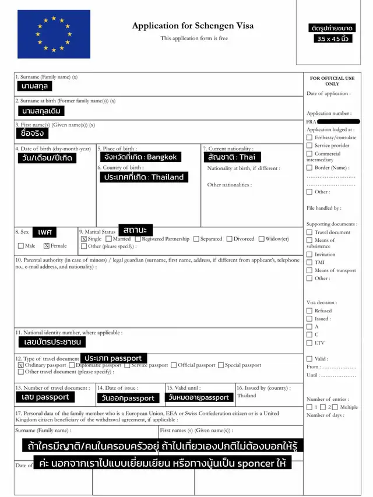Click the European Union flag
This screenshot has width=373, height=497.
(x=54, y=34)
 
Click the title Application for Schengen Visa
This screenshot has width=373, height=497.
(x=193, y=26)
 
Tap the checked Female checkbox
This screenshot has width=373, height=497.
(x=47, y=246)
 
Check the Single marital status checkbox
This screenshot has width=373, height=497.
(x=84, y=239)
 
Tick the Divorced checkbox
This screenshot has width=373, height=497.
(x=230, y=239)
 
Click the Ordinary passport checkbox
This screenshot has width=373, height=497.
(x=21, y=365)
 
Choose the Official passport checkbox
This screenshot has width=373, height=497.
(x=174, y=365)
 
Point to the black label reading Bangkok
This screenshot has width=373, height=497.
(x=140, y=157)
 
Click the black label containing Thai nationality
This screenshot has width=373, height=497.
(x=231, y=157)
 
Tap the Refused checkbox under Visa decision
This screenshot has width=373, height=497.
(x=309, y=311)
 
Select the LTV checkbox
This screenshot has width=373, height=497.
(x=309, y=343)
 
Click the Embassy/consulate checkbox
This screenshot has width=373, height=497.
(x=309, y=138)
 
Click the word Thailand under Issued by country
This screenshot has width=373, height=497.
(x=247, y=396)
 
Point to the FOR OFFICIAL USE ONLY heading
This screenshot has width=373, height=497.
(x=332, y=80)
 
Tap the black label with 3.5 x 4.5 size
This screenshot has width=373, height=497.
(x=332, y=38)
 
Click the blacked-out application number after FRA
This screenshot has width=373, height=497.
(x=339, y=121)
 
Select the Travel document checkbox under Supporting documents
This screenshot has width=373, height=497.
(x=309, y=232)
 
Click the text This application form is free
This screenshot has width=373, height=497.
(x=194, y=38)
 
